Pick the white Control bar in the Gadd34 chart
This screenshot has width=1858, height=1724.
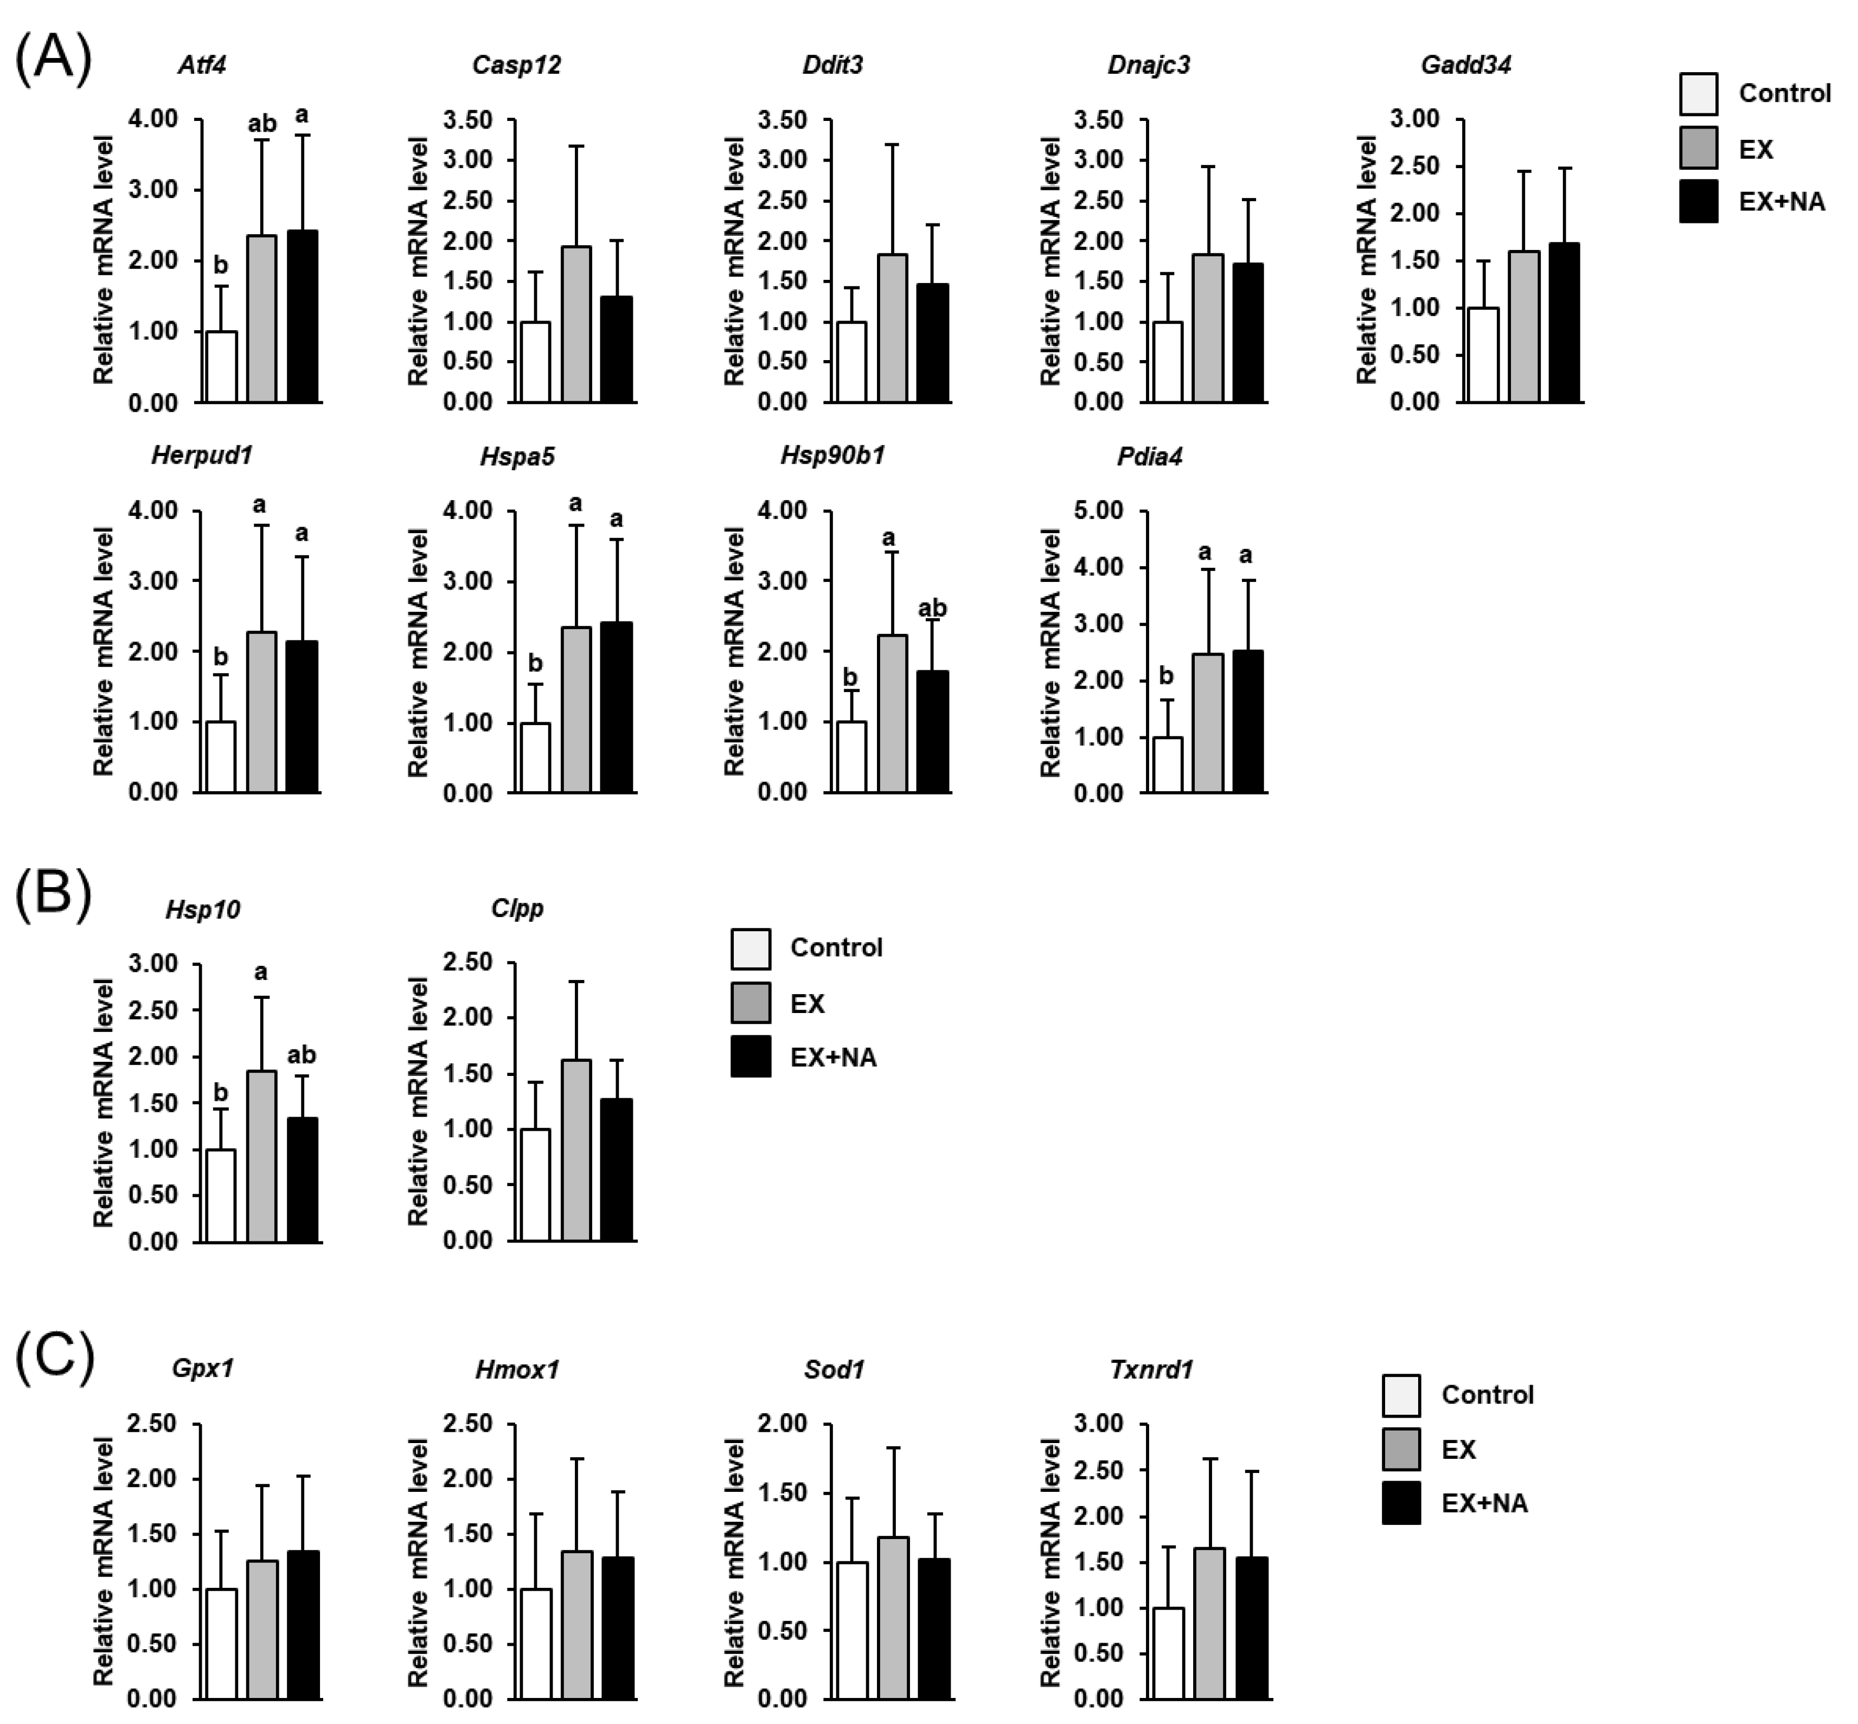[x=1483, y=355]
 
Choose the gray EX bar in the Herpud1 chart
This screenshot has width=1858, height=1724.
[x=262, y=712]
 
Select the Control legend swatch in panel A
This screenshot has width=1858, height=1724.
[x=1699, y=93]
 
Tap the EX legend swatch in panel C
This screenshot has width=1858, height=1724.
[x=1401, y=1449]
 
